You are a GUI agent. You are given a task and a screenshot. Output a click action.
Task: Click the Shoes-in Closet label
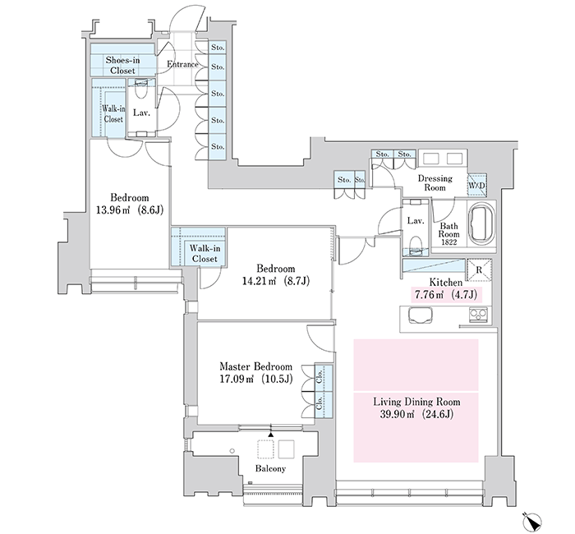pos(123,65)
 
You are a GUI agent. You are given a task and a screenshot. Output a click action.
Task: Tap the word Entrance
pos(182,64)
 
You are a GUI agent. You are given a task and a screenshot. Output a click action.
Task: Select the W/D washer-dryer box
pos(476,186)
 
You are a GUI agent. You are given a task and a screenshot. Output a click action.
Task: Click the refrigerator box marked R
pos(479,270)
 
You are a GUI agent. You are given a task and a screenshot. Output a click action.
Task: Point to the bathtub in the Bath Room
pos(481,225)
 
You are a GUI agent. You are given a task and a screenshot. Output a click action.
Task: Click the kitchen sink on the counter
pos(420,315)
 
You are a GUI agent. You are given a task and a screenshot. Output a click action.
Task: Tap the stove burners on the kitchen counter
pos(479,315)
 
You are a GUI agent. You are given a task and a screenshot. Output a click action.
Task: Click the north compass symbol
pos(531,520)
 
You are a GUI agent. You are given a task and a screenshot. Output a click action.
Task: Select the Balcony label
pos(270,468)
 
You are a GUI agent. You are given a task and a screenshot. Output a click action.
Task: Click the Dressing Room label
pos(435,182)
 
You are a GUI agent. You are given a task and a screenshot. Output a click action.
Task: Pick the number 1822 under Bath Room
pos(448,242)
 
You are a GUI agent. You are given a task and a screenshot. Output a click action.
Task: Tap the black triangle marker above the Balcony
pos(270,435)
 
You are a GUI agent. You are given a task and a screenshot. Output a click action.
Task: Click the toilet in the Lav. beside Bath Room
pos(415,244)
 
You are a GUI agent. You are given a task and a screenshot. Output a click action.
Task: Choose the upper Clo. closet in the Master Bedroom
pos(324,378)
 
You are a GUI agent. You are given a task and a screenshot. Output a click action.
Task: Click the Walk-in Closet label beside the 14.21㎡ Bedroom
pos(205,253)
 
